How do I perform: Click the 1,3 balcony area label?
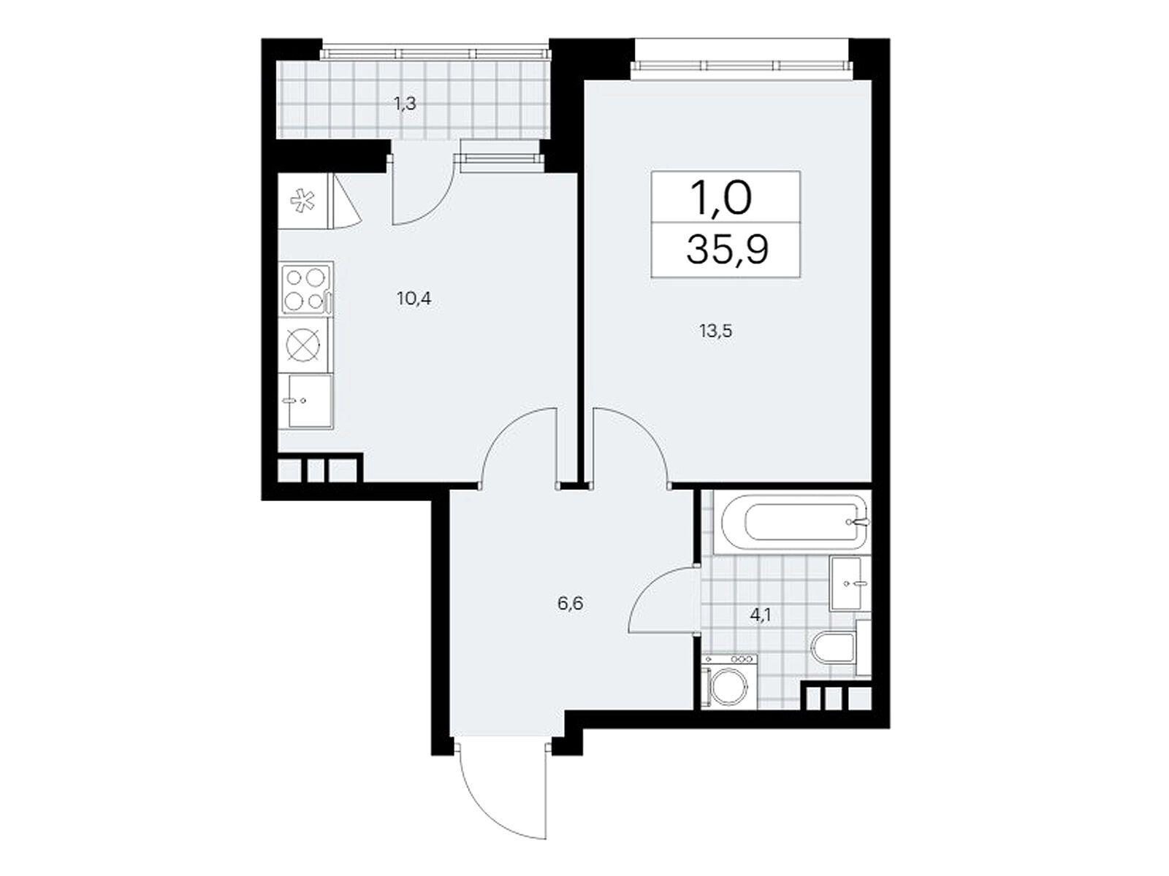pos(405,103)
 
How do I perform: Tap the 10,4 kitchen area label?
pos(414,299)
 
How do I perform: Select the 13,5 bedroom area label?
pos(716,331)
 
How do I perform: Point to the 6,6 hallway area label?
pos(571,604)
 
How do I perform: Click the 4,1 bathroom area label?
pos(760,615)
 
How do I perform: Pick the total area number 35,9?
pos(727,250)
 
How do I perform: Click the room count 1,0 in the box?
pos(721,197)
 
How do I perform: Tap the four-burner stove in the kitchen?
pos(305,289)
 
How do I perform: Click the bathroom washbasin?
pos(850,583)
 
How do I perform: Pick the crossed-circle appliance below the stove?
pos(303,345)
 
